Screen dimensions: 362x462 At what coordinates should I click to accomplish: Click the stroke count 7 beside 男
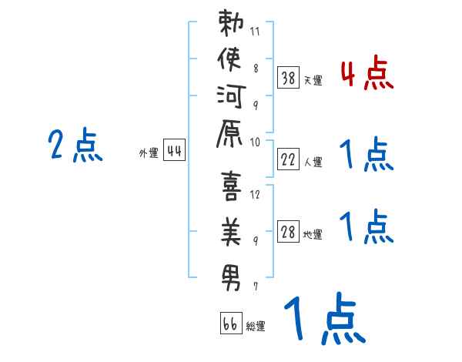tap(256, 286)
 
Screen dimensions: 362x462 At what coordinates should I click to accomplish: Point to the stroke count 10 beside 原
tap(256, 142)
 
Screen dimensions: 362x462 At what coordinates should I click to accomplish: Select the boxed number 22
tap(288, 159)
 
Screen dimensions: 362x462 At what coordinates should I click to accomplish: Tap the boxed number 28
tap(288, 232)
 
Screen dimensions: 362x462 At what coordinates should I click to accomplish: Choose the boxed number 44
tap(174, 151)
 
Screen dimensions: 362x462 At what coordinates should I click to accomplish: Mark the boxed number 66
tap(229, 324)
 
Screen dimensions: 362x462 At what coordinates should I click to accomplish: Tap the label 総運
tap(256, 327)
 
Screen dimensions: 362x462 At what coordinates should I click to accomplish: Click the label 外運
tap(148, 153)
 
